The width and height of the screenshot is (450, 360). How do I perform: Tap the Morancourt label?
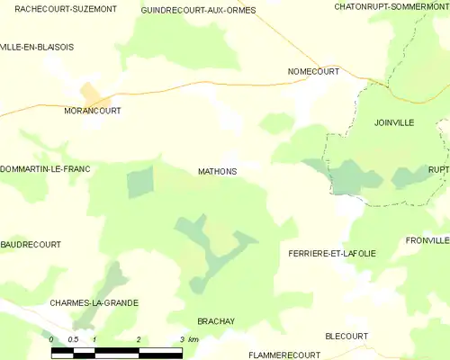[x=93, y=111]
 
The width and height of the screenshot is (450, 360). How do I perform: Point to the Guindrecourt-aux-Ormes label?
[x=198, y=10]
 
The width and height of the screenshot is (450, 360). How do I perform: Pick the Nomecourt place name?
[x=313, y=71]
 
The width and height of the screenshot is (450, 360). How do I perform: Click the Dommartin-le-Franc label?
[x=45, y=169]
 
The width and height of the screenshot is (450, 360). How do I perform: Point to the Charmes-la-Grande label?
[x=94, y=303]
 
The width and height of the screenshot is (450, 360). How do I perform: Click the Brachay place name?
[x=215, y=321]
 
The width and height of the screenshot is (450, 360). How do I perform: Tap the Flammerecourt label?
[x=284, y=355]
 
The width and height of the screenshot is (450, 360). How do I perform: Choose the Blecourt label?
[x=346, y=336]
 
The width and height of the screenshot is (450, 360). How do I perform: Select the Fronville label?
[x=427, y=241]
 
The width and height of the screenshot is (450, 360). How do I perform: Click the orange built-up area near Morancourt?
[x=92, y=93]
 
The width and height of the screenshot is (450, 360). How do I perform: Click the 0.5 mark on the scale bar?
[x=73, y=339]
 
